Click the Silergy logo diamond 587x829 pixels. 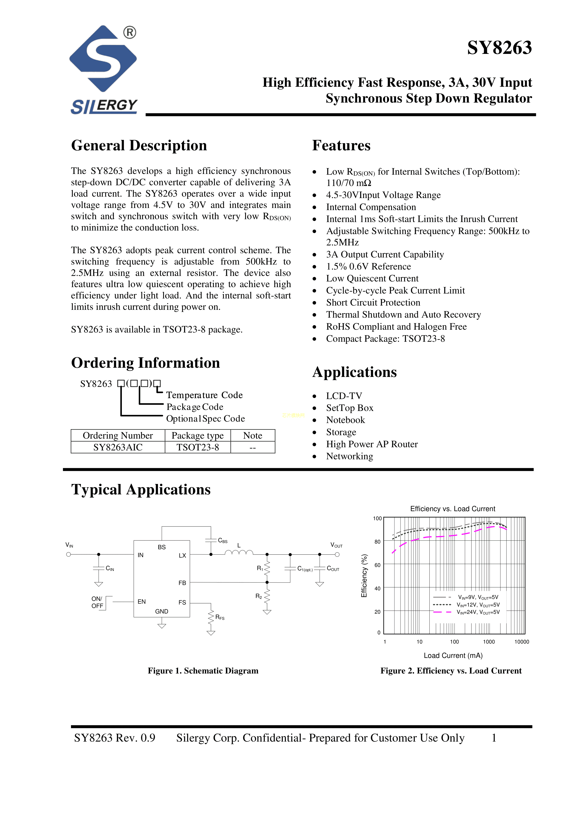[103, 59]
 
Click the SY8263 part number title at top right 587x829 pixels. [499, 48]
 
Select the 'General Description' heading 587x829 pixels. [139, 146]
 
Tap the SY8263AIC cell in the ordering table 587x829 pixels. [118, 447]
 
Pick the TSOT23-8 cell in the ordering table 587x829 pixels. [198, 447]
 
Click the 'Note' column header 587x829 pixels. [253, 436]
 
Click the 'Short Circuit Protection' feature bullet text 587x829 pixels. [373, 302]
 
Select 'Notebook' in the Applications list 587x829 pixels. [345, 420]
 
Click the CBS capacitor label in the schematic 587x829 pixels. [223, 540]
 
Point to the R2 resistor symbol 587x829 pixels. [267, 597]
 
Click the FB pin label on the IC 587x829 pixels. [182, 583]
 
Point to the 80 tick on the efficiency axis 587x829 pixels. [377, 542]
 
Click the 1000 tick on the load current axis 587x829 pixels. [489, 642]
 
